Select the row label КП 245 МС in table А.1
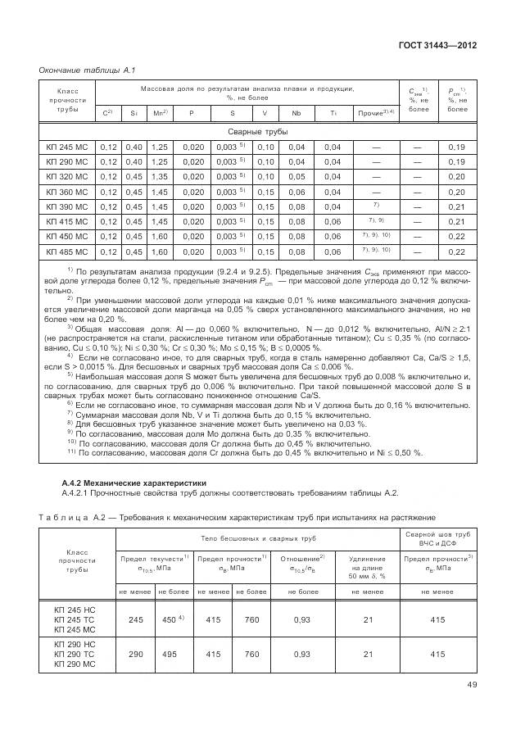[x=66, y=147]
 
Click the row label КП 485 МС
[x=66, y=252]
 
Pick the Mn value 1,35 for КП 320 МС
[x=159, y=177]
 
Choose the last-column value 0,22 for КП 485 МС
[x=456, y=252]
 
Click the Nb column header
[x=296, y=112]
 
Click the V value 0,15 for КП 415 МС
[x=265, y=221]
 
